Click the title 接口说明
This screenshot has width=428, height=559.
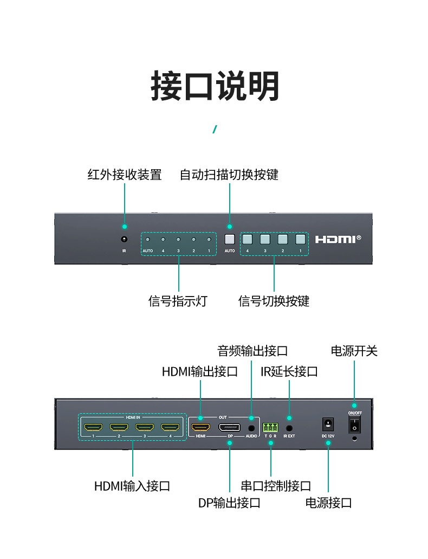215,86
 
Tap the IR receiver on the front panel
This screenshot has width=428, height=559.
124,239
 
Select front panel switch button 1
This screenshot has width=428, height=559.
301,239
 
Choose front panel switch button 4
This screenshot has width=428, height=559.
248,239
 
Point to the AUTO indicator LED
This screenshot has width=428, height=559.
148,240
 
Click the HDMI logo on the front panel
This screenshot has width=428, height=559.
338,239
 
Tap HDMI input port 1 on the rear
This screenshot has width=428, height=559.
93,427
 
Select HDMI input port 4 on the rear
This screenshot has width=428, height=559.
170,427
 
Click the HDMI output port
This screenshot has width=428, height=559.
200,427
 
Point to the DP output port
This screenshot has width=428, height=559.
230,427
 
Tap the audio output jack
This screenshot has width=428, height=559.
251,428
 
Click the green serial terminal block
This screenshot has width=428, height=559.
270,427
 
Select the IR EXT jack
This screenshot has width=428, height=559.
289,428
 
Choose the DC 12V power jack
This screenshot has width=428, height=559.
328,425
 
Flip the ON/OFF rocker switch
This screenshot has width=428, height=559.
354,425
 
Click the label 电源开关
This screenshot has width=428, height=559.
354,351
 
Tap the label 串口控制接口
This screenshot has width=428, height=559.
276,486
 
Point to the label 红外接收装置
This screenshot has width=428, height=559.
125,175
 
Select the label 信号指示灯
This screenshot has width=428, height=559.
178,301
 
